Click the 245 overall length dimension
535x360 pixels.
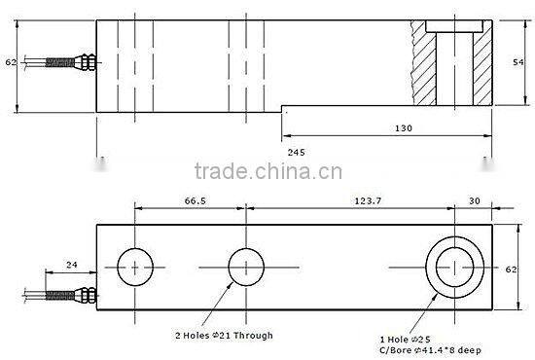298,153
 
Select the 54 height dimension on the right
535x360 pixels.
519,60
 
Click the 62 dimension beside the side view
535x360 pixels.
11,62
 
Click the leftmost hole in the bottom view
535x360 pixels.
135,265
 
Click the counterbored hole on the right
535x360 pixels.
454,265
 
